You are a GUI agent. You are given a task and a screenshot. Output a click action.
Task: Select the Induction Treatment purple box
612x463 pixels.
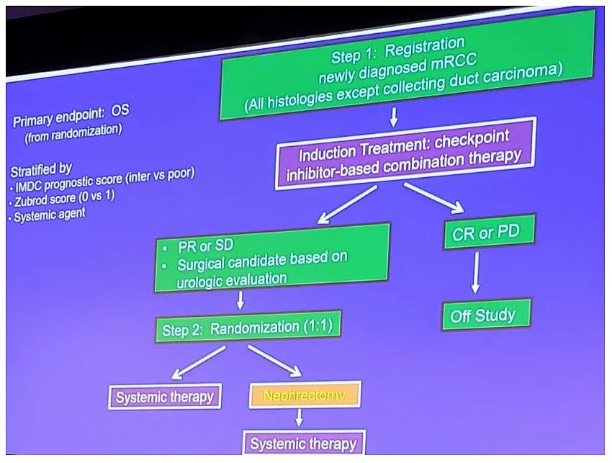406,154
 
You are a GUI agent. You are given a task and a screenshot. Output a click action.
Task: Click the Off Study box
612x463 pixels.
486,315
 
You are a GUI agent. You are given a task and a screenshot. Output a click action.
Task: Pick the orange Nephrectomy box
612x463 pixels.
304,395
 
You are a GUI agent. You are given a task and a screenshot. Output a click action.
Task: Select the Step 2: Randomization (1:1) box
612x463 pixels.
246,328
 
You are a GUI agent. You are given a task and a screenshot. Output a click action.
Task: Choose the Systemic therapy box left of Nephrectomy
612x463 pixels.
165,397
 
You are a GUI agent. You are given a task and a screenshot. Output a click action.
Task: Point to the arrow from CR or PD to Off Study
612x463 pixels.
475,271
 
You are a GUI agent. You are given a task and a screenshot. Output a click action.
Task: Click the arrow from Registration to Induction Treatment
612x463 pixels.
394,117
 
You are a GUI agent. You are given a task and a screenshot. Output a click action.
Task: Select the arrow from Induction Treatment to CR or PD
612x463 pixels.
434,197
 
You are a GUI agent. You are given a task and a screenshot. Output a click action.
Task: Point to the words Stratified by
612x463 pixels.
40,170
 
